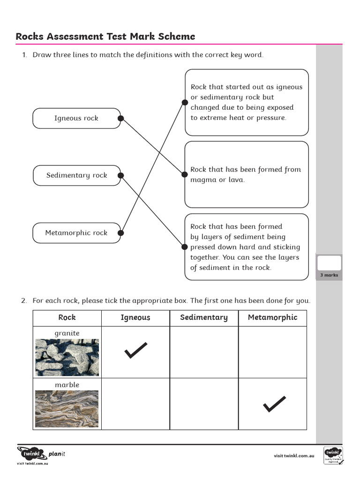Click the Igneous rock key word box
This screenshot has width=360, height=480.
(76, 118)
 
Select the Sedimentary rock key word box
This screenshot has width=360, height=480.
(76, 175)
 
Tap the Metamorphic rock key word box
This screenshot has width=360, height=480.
(76, 233)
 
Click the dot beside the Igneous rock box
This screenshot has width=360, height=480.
(120, 118)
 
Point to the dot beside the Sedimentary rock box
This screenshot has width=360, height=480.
(120, 175)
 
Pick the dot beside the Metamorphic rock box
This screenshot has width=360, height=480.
(120, 232)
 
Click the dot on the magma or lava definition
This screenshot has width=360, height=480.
(185, 174)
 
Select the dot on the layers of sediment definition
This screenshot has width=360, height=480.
(185, 247)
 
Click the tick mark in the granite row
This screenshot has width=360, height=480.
(136, 351)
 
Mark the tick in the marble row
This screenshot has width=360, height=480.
(274, 404)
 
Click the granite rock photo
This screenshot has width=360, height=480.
(67, 358)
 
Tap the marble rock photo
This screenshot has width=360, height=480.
(67, 409)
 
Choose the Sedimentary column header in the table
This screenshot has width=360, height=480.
(204, 317)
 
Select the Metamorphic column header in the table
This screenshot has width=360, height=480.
(272, 317)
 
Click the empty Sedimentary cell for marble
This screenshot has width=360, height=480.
(204, 404)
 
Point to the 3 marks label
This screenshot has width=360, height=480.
(329, 275)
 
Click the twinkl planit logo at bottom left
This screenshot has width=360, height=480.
(39, 454)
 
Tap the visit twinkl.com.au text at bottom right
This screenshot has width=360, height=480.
(294, 456)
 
